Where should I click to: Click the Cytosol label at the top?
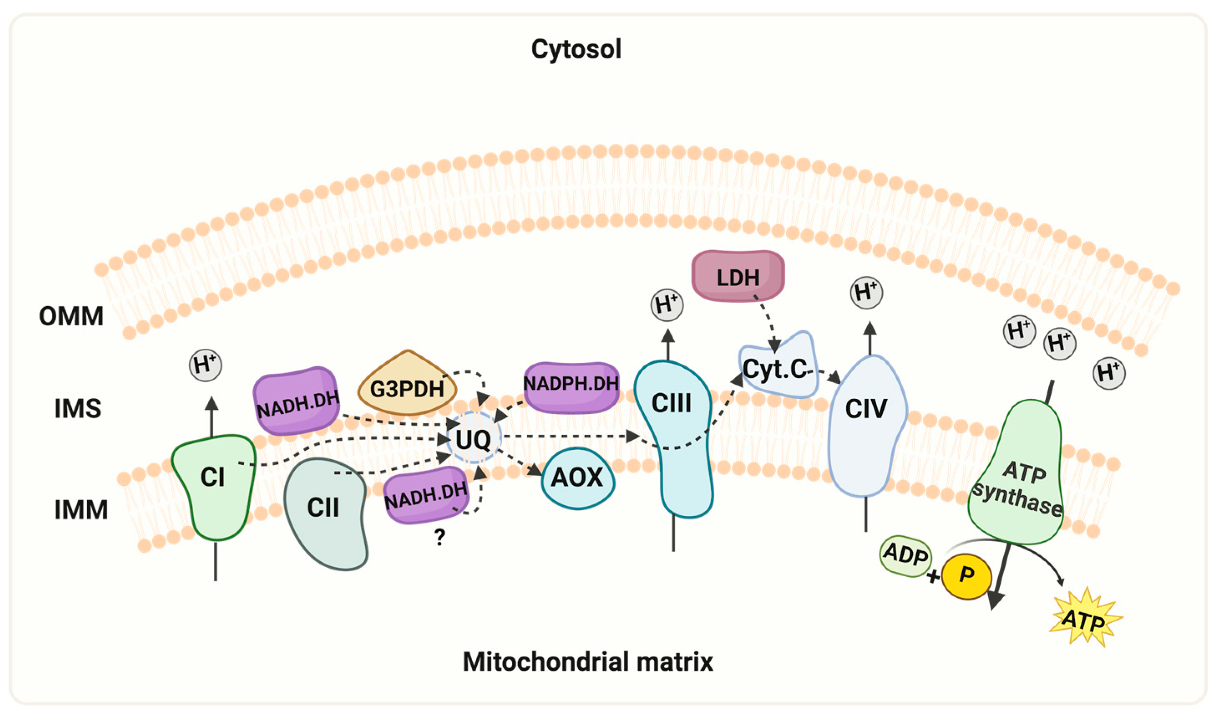[x=576, y=49]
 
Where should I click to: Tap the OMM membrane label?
[x=71, y=316]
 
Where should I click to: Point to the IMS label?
[x=78, y=408]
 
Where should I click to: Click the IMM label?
[x=81, y=510]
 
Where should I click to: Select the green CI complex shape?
[x=213, y=485]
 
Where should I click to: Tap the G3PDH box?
[x=407, y=386]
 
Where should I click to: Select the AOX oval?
[x=577, y=478]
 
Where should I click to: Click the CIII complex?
[x=672, y=437]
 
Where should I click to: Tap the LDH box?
[x=738, y=276]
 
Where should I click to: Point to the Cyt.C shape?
[x=776, y=369]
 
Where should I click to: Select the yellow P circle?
[x=966, y=575]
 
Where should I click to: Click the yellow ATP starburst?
[x=1084, y=618]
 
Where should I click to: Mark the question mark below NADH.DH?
[x=439, y=537]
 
